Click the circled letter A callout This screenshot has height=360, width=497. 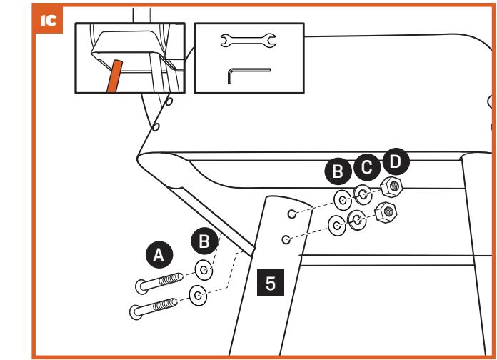point(159,254)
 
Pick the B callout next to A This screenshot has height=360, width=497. point(204,241)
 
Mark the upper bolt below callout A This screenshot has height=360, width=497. point(164,281)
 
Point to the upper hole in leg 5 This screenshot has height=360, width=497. point(292,213)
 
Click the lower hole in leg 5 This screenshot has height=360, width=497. point(286,239)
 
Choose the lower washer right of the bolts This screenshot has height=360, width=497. point(199,294)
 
